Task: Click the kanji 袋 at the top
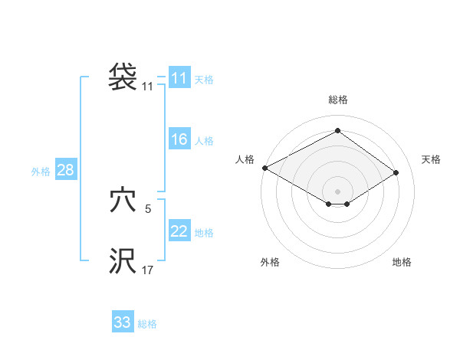pyautogui.click(x=123, y=77)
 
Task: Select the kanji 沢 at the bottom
pyautogui.click(x=123, y=261)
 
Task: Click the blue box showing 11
pyautogui.click(x=179, y=78)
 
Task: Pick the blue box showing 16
pyautogui.click(x=179, y=139)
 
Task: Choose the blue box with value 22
pyautogui.click(x=179, y=231)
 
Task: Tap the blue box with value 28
pyautogui.click(x=65, y=170)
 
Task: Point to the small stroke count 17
pyautogui.click(x=148, y=270)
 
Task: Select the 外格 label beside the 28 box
pyautogui.click(x=41, y=172)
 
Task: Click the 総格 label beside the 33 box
pyautogui.click(x=147, y=324)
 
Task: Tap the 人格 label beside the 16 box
pyautogui.click(x=204, y=141)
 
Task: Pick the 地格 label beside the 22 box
pyautogui.click(x=204, y=233)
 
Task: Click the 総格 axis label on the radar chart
pyautogui.click(x=337, y=100)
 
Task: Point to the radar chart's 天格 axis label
pyautogui.click(x=432, y=159)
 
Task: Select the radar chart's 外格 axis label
pyautogui.click(x=270, y=262)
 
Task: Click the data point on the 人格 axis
pyautogui.click(x=264, y=167)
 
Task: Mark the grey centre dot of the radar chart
pyautogui.click(x=337, y=191)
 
